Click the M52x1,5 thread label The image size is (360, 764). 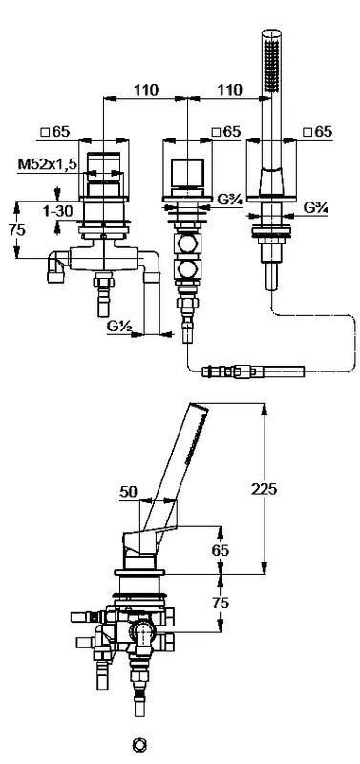pyautogui.click(x=47, y=164)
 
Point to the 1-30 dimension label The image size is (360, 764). pyautogui.click(x=57, y=211)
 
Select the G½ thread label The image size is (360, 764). pyautogui.click(x=120, y=327)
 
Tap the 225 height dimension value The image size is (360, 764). pyautogui.click(x=264, y=489)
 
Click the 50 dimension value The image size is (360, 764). pyautogui.click(x=129, y=492)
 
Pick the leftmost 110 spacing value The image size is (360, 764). pyautogui.click(x=147, y=90)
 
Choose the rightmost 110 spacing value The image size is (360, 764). pyautogui.click(x=229, y=90)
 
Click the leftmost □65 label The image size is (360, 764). pyautogui.click(x=55, y=132)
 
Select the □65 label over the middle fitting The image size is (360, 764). pyautogui.click(x=226, y=132)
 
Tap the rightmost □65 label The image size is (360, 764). pyautogui.click(x=317, y=132)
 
